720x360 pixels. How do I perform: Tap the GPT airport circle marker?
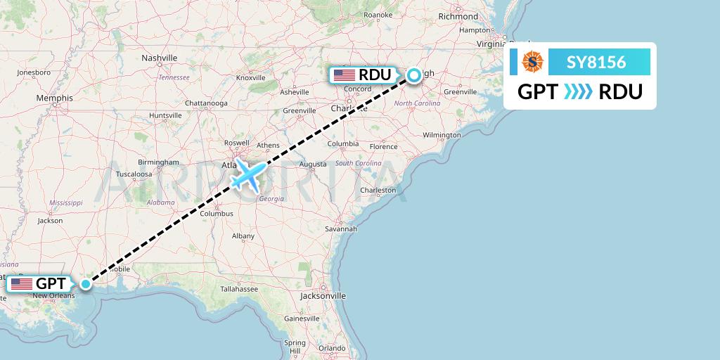(85, 284)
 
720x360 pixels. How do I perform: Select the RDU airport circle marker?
(414, 75)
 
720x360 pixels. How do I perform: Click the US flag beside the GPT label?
(22, 284)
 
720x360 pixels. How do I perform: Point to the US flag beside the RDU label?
(345, 75)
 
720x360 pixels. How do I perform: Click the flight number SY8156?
(596, 63)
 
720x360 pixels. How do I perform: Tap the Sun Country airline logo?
(532, 63)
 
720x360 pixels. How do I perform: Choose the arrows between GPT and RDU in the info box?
(579, 91)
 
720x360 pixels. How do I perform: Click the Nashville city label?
(160, 58)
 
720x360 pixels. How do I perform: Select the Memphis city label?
(55, 98)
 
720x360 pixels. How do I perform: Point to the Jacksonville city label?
(323, 296)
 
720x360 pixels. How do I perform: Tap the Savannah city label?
(342, 229)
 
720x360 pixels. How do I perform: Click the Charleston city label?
(378, 191)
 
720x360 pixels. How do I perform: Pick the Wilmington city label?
(442, 134)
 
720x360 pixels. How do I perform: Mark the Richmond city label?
(457, 16)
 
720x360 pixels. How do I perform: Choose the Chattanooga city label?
(206, 103)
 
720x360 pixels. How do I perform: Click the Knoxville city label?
(250, 78)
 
